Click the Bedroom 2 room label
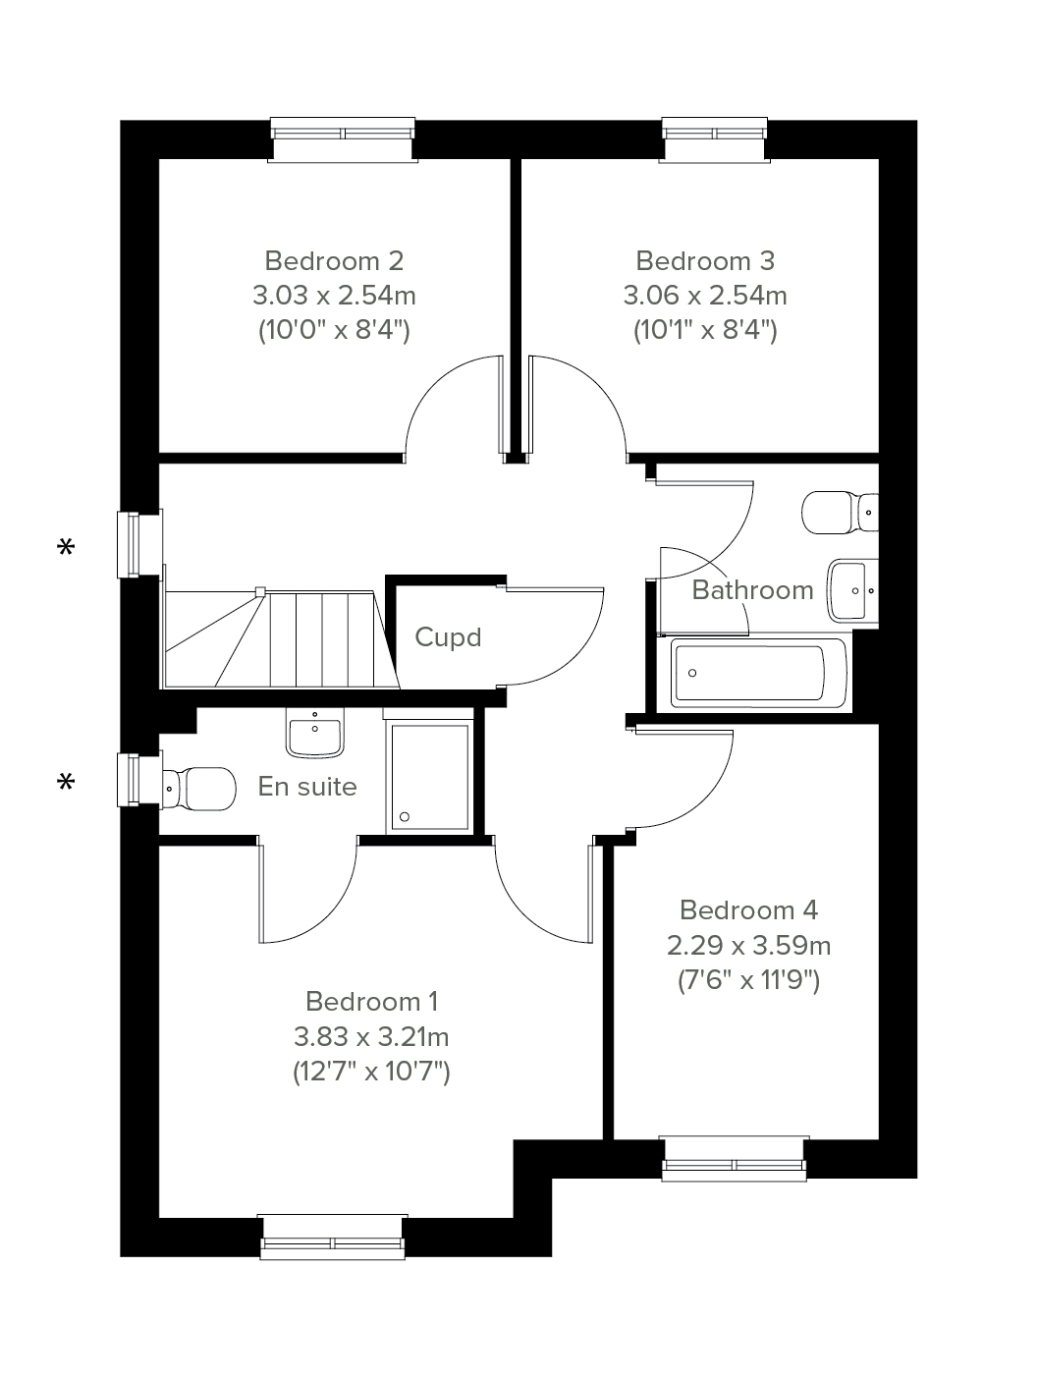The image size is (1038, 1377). coord(333,260)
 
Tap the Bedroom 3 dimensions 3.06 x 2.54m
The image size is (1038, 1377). coord(704,295)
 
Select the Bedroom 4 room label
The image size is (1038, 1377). coord(748,909)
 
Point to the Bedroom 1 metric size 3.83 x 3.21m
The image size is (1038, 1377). coord(371,1036)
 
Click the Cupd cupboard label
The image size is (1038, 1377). coord(448,637)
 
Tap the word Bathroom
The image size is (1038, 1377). coord(752,589)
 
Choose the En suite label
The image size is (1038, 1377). coord(307,786)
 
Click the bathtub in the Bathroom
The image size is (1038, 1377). coord(758,673)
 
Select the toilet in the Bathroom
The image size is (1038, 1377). coord(840,513)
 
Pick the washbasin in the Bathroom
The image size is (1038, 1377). coord(852,590)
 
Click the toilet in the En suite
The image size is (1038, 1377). coord(199,788)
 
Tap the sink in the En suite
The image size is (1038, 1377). coord(315,733)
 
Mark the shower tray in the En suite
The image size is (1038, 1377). coord(429,777)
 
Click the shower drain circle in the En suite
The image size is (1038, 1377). coord(405,816)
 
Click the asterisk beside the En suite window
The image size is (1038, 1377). coord(66,781)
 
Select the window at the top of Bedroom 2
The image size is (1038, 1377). coord(343,139)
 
